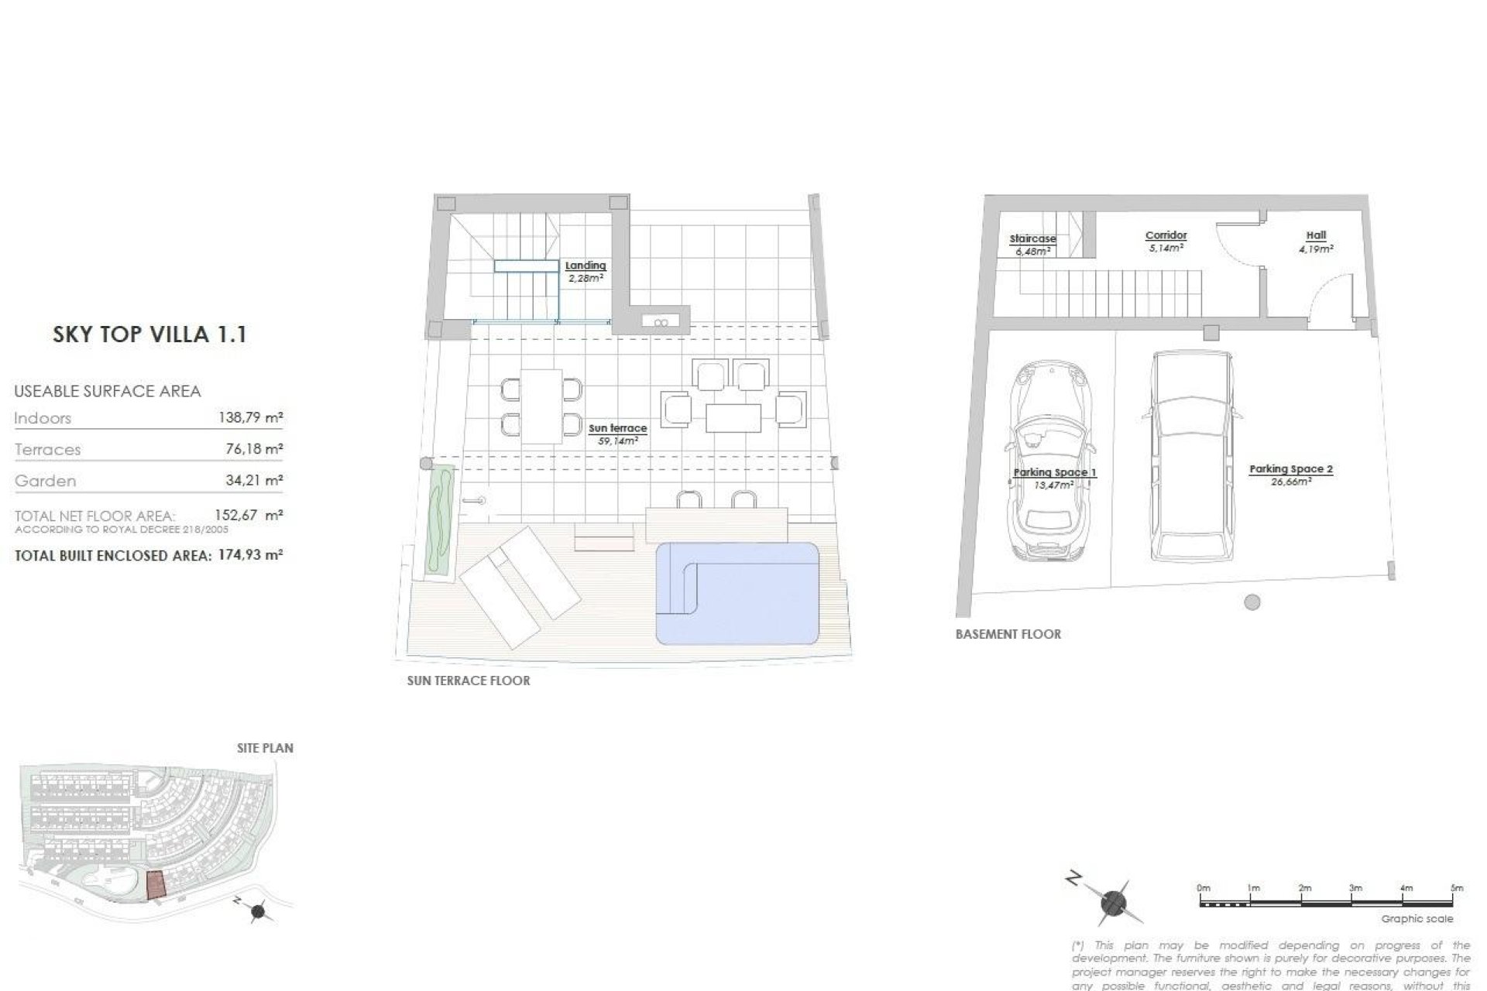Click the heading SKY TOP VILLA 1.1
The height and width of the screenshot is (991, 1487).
point(149,334)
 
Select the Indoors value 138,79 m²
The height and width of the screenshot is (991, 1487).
point(251,418)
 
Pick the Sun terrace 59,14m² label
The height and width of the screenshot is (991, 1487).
point(617,434)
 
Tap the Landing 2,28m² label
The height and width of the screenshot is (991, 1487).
point(586,272)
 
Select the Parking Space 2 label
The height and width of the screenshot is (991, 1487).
point(1290,474)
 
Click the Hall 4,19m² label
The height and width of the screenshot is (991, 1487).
point(1316,242)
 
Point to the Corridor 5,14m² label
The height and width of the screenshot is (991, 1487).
point(1166,241)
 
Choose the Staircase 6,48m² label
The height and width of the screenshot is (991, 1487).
point(1032,245)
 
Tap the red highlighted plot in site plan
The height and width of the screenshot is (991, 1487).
point(156,884)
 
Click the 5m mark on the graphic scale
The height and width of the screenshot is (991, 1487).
point(1456,889)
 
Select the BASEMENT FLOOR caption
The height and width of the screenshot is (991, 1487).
point(1008,634)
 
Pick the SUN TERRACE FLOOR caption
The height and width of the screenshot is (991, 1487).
point(469,681)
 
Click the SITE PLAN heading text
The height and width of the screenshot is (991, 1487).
point(265,748)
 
